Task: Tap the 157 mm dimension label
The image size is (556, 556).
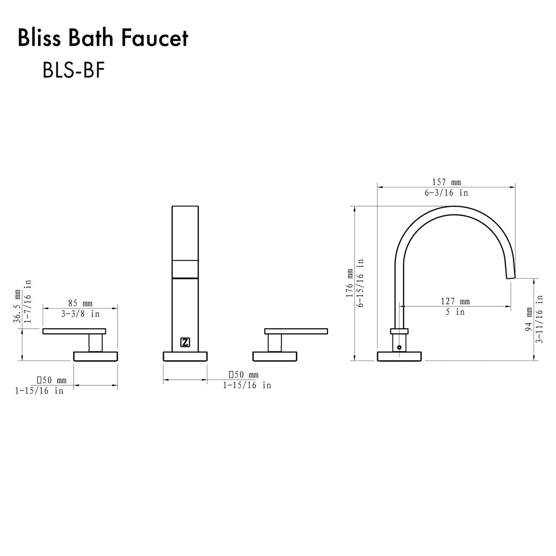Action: [444, 182]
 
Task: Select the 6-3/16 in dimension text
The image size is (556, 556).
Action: [446, 193]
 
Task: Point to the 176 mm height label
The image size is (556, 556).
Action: [349, 283]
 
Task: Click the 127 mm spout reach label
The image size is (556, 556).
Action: [455, 301]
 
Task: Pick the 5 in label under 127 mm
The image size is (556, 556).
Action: [455, 312]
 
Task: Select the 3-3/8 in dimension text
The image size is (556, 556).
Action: [80, 314]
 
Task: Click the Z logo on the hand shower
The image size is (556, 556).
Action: [185, 342]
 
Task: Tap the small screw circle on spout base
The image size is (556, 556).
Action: [399, 347]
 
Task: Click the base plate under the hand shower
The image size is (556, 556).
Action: [185, 356]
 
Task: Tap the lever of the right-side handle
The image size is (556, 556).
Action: [296, 331]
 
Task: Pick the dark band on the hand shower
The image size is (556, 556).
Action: [185, 277]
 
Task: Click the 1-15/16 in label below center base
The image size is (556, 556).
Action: [247, 386]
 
